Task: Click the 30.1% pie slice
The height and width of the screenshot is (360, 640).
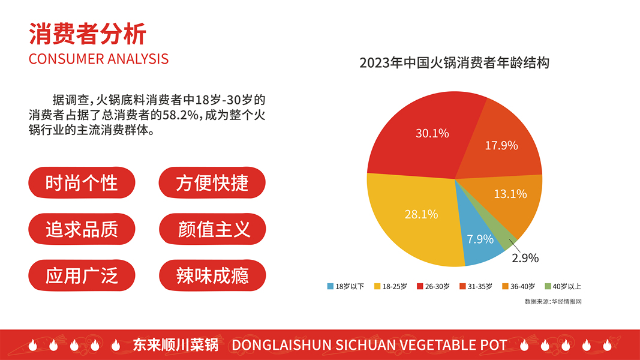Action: point(420,135)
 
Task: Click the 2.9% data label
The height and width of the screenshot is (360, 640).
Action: point(525,259)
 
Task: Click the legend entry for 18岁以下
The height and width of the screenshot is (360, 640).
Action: point(345,286)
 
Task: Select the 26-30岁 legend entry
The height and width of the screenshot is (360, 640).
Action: point(432,286)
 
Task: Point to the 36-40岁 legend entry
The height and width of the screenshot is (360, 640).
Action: point(519,286)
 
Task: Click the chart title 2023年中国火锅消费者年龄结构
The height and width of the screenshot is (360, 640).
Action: point(454,63)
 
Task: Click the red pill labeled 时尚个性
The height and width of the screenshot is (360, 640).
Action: point(82,182)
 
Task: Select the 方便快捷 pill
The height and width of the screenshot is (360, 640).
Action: point(212,182)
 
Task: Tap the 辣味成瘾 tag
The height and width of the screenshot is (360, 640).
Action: point(212,275)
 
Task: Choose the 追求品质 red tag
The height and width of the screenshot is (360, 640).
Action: point(82,229)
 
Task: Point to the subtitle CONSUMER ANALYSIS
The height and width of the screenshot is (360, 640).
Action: point(98,59)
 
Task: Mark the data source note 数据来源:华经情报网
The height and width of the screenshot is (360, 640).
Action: point(552,301)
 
